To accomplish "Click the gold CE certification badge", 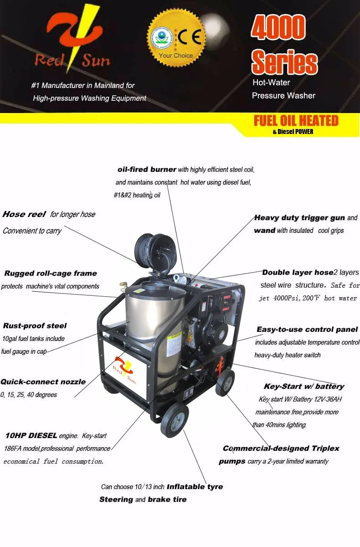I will (176, 38).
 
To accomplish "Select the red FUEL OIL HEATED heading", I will (296, 121).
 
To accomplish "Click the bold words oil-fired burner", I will (147, 170).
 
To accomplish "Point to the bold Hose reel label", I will (24, 214).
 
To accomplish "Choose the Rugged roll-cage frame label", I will (51, 273).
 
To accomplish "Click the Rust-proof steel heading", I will (35, 325).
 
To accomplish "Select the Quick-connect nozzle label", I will (43, 382).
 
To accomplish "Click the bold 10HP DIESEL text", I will (31, 436).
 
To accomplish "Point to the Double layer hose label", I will (298, 273).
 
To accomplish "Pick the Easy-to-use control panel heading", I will (307, 329).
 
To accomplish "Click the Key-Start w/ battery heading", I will (304, 387).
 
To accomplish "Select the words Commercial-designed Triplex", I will (281, 449).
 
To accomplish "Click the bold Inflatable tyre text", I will (195, 487).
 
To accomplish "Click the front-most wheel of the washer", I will (174, 420).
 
